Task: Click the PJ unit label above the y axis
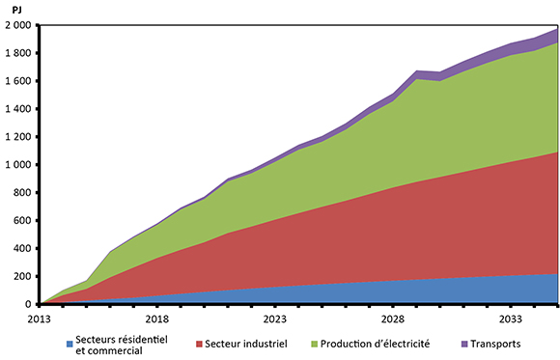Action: pyautogui.click(x=17, y=9)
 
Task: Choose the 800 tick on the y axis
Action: pyautogui.click(x=23, y=193)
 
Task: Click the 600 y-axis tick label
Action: pyautogui.click(x=23, y=221)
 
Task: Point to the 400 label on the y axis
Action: pyautogui.click(x=23, y=249)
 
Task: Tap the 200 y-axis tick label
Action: pyautogui.click(x=23, y=277)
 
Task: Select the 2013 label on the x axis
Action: pyautogui.click(x=39, y=317)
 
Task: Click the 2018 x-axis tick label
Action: pyautogui.click(x=156, y=317)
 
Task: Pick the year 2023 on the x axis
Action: pyautogui.click(x=274, y=317)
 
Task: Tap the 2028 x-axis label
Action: pyautogui.click(x=392, y=317)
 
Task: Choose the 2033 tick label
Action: pyautogui.click(x=510, y=317)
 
